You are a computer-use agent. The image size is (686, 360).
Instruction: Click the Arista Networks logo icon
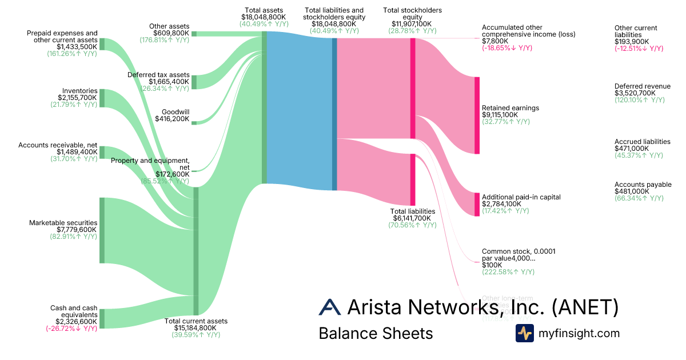[x=330, y=307]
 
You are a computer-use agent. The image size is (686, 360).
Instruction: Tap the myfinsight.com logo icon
[x=524, y=333]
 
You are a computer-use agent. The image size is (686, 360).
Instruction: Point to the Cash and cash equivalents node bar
[x=102, y=319]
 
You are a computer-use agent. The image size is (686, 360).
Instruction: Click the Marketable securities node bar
[x=102, y=230]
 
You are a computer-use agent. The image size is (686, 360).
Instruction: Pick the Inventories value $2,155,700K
[x=77, y=98]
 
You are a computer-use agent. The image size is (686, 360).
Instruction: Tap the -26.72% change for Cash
[x=71, y=329]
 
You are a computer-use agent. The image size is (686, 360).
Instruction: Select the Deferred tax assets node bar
[x=194, y=82]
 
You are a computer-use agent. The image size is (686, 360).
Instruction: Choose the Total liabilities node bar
[x=412, y=179]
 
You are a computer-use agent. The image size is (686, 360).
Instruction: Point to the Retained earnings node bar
[x=477, y=115]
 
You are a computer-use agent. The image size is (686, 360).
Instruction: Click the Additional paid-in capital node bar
[x=477, y=204]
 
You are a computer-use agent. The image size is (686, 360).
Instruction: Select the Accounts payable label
[x=643, y=185]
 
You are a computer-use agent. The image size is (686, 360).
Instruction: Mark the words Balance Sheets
[x=376, y=334]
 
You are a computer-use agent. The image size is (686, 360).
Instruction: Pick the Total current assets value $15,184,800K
[x=196, y=328]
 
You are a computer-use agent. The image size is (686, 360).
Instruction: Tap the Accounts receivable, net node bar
[x=102, y=152]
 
